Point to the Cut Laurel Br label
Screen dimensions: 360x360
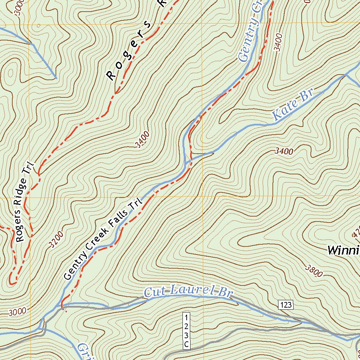189,291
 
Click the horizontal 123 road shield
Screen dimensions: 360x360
286,305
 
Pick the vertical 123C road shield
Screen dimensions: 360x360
186,330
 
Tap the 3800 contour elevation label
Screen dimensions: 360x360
314,271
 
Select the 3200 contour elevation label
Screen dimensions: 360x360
57,239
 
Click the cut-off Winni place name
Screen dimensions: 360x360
343,250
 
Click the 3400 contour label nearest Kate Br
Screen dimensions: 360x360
284,151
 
